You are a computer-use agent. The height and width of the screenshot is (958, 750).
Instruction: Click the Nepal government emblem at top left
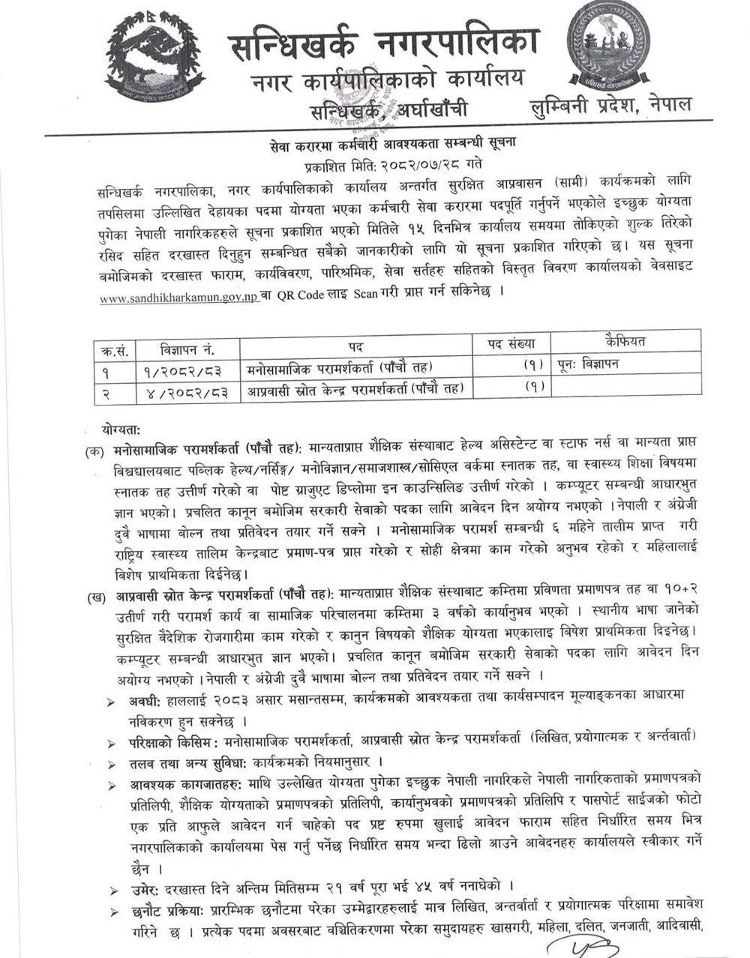154,56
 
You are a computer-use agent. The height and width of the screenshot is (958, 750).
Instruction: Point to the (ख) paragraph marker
94,596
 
